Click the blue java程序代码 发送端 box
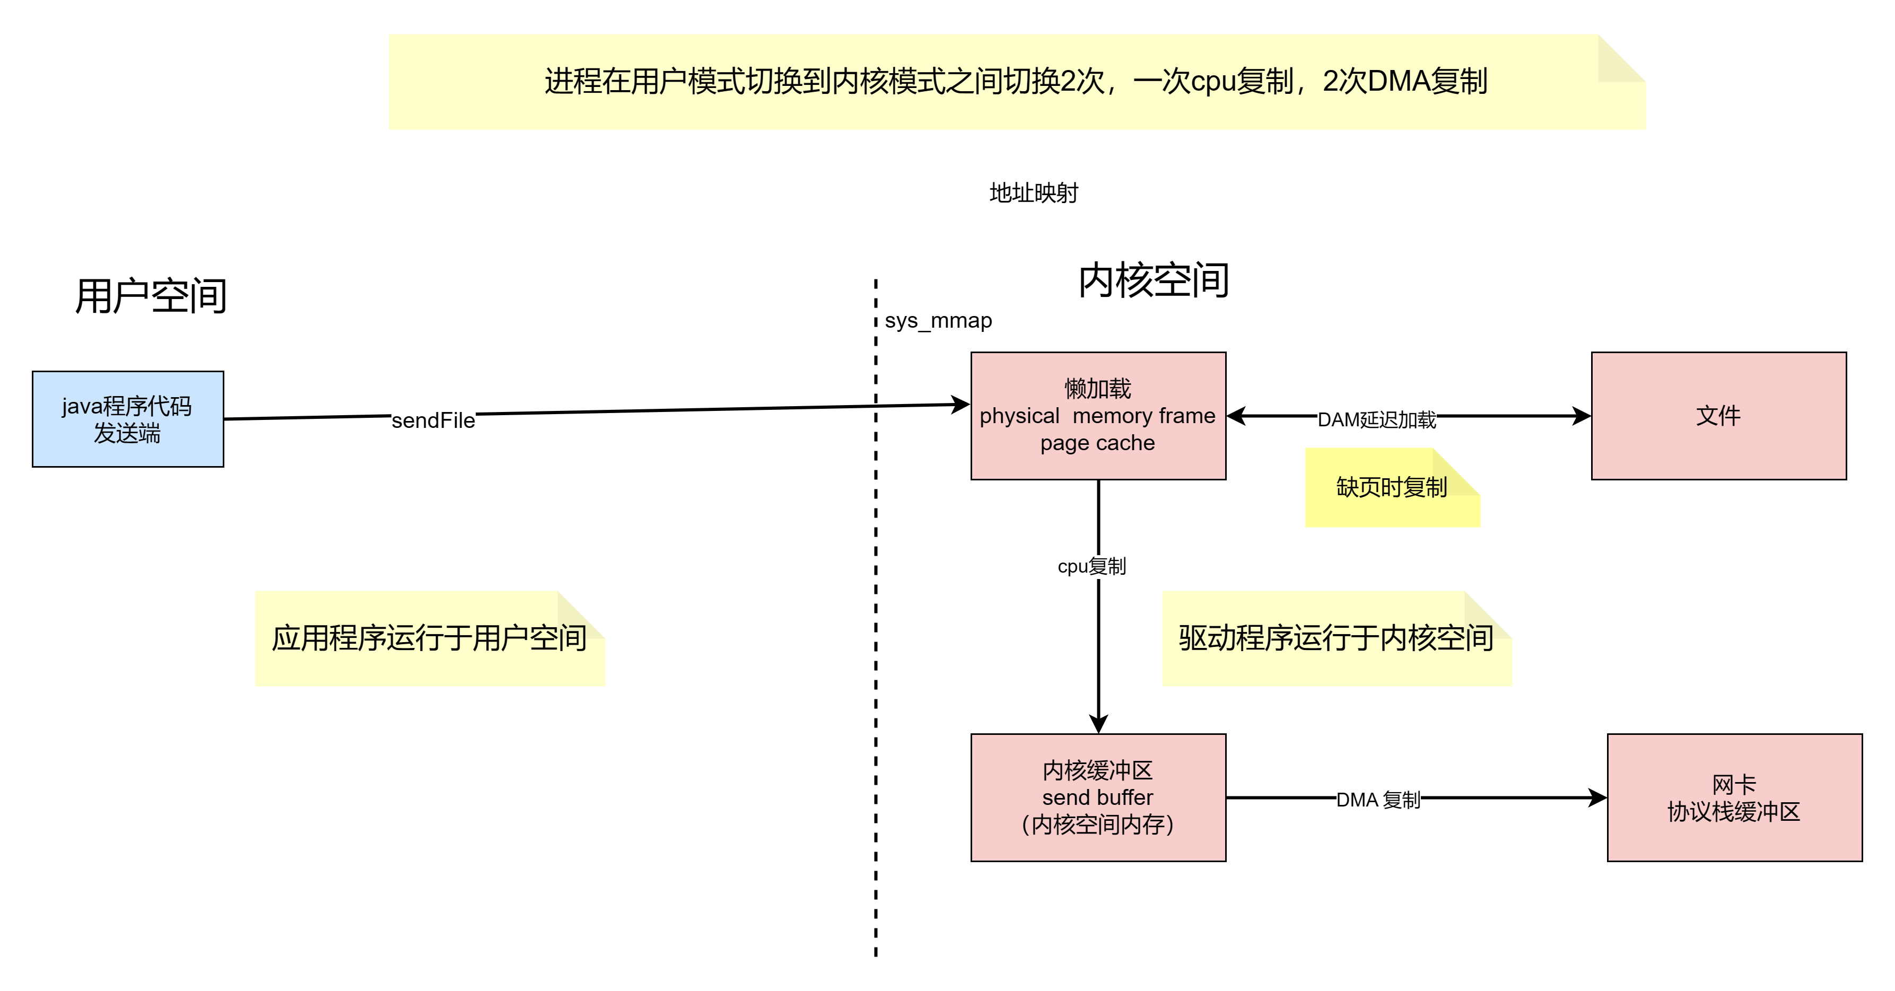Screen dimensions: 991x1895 tap(127, 419)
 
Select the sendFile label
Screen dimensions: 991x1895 tap(433, 420)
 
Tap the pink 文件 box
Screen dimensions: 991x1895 tap(1718, 416)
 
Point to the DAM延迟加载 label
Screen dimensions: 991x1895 tap(1376, 419)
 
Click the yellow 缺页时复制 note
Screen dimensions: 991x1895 tap(1391, 487)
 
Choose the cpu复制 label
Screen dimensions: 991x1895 tap(1091, 566)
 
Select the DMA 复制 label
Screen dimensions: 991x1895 tap(1378, 800)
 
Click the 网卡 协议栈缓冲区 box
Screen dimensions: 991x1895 tap(1734, 797)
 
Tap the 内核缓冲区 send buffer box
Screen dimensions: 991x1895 tap(1097, 797)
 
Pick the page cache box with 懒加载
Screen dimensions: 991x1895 tap(1097, 416)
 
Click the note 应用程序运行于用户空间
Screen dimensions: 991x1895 tap(429, 638)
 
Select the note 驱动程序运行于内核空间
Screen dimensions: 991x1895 tap(1336, 638)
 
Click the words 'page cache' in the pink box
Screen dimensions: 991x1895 tap(1097, 443)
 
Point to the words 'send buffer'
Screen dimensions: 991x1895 tap(1097, 797)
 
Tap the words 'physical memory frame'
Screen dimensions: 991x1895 tap(1097, 416)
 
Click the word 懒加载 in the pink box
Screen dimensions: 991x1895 tap(1097, 389)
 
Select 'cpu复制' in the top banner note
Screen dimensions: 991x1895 tap(1242, 82)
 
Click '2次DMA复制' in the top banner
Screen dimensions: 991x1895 tap(1405, 82)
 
